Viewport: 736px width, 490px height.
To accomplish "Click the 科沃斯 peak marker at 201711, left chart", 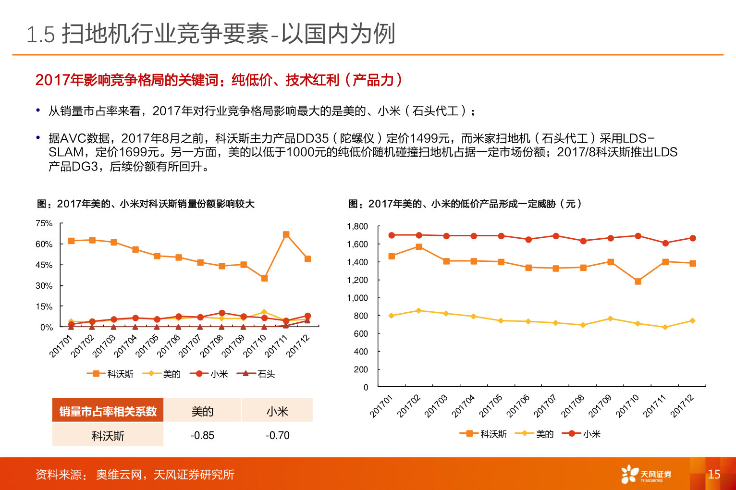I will (286, 234).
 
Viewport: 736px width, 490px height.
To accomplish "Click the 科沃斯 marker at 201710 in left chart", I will (264, 278).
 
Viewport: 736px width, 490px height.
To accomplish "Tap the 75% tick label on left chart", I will (44, 223).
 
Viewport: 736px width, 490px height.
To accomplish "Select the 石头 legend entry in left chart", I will (257, 374).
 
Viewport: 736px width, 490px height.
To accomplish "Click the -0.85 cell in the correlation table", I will (202, 435).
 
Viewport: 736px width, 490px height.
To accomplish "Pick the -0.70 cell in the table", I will (278, 435).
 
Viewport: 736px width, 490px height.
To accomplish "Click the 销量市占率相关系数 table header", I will (108, 411).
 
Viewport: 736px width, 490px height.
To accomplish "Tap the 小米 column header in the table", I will (277, 411).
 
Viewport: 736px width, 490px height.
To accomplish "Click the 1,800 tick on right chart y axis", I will (357, 226).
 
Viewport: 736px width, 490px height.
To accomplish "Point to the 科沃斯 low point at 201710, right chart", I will (638, 281).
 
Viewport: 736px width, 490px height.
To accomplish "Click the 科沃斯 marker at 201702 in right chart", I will (419, 247).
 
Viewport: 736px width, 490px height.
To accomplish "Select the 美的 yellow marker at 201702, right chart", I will (418, 311).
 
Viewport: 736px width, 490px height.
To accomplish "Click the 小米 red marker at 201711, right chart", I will (665, 243).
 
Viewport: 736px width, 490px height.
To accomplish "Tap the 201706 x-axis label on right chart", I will (518, 406).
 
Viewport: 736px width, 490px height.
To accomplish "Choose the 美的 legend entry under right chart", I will (535, 434).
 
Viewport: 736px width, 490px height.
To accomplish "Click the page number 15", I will (714, 474).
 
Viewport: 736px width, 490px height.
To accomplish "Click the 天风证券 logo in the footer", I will (647, 474).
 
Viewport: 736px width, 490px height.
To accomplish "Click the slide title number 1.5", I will (41, 35).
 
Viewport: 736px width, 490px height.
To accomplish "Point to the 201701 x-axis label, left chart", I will (61, 346).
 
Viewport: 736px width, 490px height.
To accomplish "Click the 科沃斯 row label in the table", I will (108, 436).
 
